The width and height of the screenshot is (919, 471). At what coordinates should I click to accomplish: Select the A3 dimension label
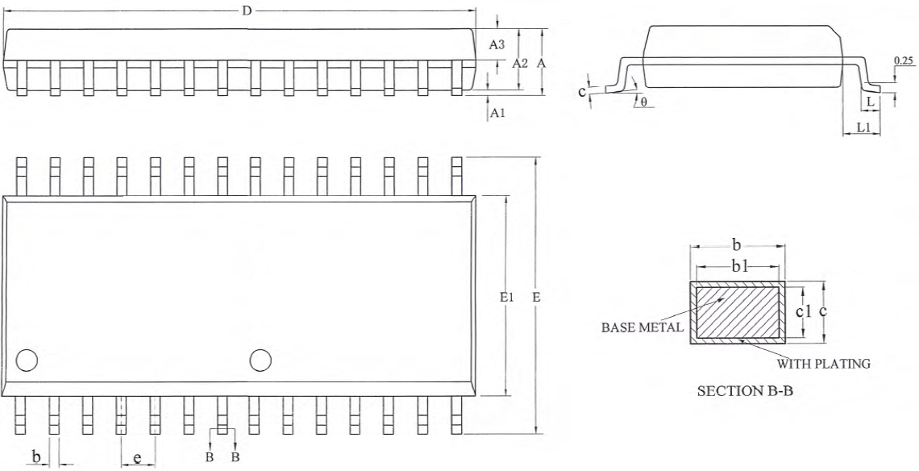(497, 45)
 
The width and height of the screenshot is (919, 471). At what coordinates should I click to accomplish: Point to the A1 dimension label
(497, 114)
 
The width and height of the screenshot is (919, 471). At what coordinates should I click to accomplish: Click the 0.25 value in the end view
(903, 60)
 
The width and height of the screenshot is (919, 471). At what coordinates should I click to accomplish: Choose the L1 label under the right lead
(862, 127)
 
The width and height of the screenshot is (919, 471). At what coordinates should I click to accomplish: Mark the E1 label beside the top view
(507, 298)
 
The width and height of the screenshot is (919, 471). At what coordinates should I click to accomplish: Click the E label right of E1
(536, 298)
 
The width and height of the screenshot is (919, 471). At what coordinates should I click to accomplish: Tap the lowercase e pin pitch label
(137, 458)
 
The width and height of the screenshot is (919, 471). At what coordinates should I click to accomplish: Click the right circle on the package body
(260, 360)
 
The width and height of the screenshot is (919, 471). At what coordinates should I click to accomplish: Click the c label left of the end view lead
(581, 91)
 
